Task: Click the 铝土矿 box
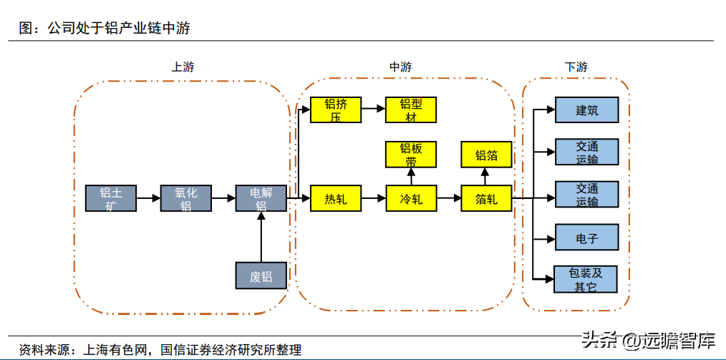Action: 110,198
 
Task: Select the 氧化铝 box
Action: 185,198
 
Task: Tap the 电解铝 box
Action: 261,198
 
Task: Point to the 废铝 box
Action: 261,276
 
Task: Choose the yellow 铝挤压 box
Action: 335,110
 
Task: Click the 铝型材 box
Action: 410,110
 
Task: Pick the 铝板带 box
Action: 410,155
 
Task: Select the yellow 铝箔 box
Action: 486,155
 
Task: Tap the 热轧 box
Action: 335,198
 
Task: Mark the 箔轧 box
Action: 486,198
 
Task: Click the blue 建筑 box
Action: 586,110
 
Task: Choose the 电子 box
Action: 586,238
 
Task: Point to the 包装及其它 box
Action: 586,279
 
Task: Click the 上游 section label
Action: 183,67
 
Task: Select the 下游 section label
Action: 576,67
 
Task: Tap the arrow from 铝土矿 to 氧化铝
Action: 148,198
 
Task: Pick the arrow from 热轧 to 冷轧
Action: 373,198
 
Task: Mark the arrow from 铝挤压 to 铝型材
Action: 373,110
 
